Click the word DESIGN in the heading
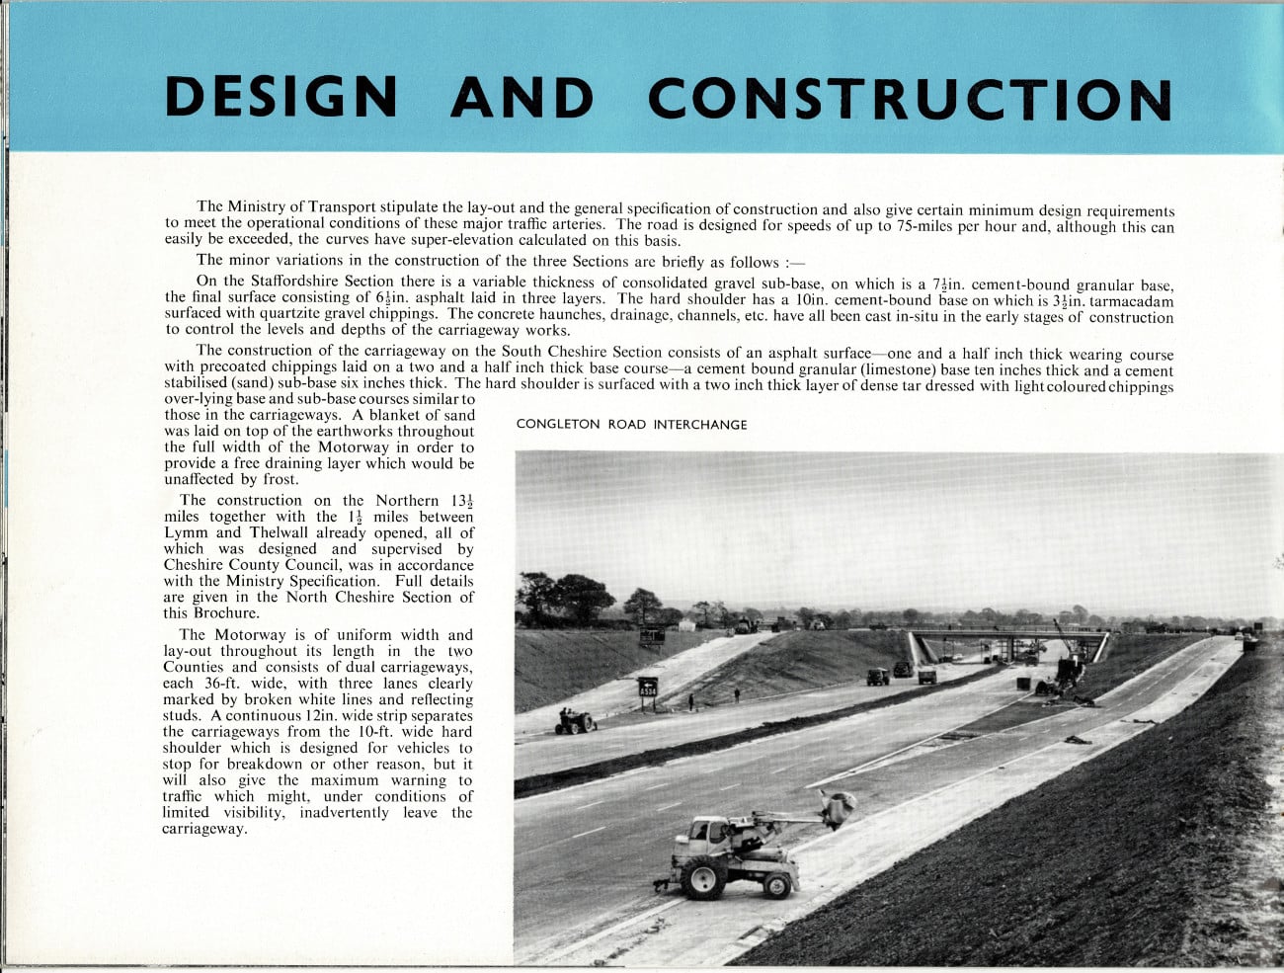[281, 97]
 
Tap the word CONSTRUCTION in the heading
[909, 99]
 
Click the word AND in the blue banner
[522, 97]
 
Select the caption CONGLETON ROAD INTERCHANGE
[631, 425]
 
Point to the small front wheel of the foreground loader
[777, 884]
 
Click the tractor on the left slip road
[575, 721]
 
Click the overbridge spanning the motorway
[1007, 639]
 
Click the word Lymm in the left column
[186, 532]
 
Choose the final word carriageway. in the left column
[204, 829]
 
